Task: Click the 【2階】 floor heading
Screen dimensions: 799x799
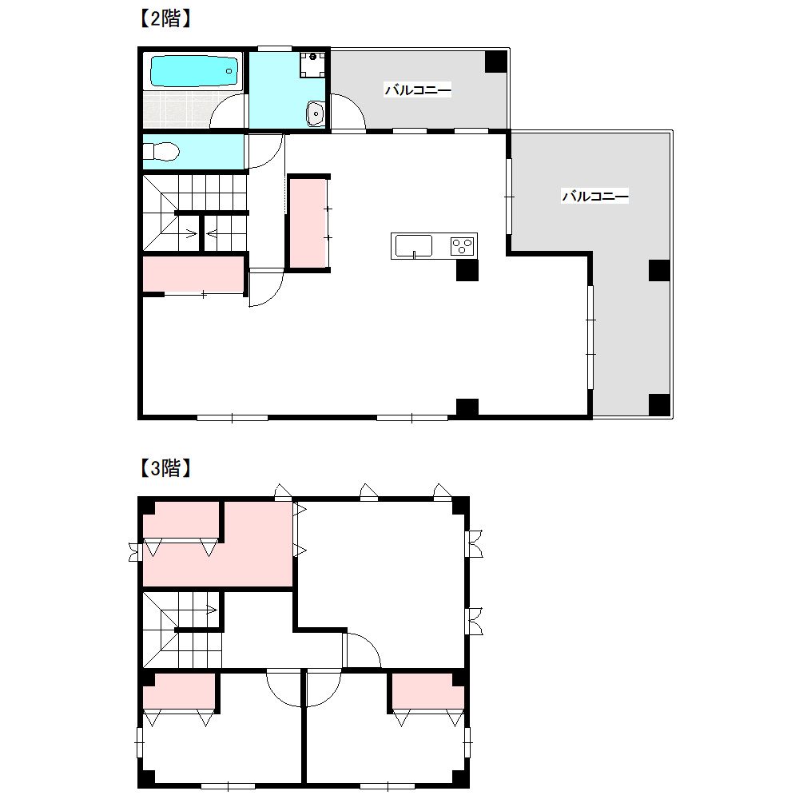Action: [x=165, y=19]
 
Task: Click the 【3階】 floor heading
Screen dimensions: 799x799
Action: [x=165, y=467]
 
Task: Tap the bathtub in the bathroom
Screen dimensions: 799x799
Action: [x=194, y=71]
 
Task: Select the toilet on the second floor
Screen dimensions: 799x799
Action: [x=161, y=151]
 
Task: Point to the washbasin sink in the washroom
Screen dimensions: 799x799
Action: [x=316, y=113]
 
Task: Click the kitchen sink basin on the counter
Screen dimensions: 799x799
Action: [x=414, y=246]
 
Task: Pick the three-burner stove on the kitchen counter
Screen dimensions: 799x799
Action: [x=462, y=247]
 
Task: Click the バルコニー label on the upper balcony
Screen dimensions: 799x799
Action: [x=418, y=90]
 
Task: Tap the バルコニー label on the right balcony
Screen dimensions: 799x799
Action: [x=595, y=196]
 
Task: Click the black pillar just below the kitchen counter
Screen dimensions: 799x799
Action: [x=467, y=270]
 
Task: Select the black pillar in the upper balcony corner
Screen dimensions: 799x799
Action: [x=495, y=62]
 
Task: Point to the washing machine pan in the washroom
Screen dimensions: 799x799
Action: [x=312, y=65]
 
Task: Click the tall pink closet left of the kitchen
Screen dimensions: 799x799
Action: [x=308, y=223]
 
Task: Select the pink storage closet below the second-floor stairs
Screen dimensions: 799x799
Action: [x=193, y=274]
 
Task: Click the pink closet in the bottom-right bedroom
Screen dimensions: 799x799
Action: [x=427, y=691]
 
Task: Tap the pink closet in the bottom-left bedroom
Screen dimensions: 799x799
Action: [x=179, y=691]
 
